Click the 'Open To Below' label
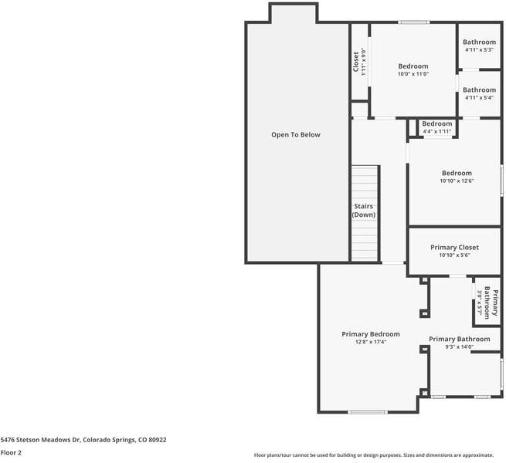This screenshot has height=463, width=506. click(x=295, y=135)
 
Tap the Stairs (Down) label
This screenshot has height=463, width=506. click(x=364, y=211)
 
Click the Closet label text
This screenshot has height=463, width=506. click(x=356, y=62)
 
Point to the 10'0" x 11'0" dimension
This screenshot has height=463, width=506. click(x=413, y=74)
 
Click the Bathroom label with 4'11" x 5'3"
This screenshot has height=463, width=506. click(x=480, y=42)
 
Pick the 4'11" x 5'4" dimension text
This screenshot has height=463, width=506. click(x=480, y=98)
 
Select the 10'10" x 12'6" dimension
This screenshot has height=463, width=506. click(x=457, y=181)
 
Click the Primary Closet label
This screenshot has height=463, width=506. click(x=454, y=248)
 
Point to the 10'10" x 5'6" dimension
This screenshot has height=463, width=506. click(x=454, y=255)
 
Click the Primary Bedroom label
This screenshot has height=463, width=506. click(x=371, y=334)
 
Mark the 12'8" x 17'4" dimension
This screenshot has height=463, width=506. click(x=371, y=342)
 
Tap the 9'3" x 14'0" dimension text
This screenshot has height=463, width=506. click(x=459, y=347)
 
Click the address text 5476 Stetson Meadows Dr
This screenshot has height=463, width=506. click(x=83, y=440)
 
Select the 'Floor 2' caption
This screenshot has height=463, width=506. click(x=11, y=453)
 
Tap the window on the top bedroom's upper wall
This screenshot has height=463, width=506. click(x=414, y=22)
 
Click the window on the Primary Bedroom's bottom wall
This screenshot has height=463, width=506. click(x=369, y=412)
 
